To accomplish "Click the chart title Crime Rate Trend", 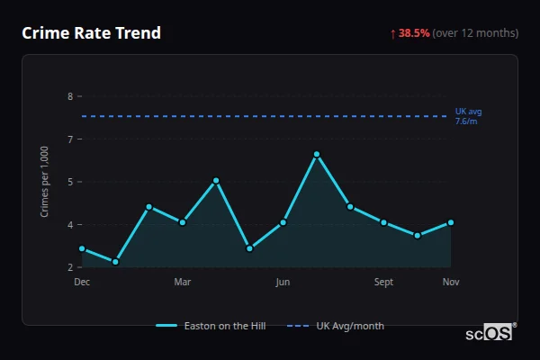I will point(92,33).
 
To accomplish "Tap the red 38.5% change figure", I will point(413,33).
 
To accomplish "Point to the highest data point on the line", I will point(317,154).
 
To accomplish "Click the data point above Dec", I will point(82,248).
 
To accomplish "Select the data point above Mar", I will point(183,222).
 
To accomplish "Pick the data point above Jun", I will point(283,222).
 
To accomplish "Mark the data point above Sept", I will point(383,222).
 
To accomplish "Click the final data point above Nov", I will point(451,222).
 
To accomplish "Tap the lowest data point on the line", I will point(115,262).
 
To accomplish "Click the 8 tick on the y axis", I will point(70,96).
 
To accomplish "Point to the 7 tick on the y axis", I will point(70,139).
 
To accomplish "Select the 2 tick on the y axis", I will point(70,267).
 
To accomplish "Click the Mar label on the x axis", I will point(183,283).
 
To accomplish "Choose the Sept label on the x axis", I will point(383,283).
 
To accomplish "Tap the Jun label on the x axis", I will point(283,283).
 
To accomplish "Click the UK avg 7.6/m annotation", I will point(468,116).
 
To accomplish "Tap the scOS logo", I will point(489,332).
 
